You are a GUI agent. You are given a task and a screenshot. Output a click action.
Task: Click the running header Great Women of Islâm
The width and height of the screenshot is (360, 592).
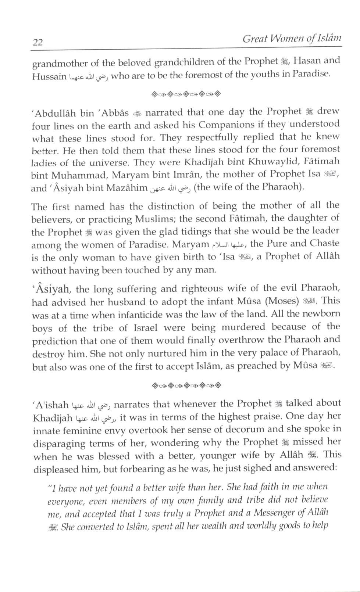[x=292, y=39]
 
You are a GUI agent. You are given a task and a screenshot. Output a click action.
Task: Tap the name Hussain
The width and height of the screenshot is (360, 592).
[x=49, y=77]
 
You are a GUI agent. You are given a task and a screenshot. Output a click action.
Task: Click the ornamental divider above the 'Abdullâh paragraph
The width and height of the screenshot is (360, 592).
[x=186, y=94]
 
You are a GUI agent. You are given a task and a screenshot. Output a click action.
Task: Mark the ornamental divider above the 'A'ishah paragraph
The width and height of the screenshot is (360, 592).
[x=186, y=385]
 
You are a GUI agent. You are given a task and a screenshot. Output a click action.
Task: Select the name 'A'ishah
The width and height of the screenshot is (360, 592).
[x=50, y=405]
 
